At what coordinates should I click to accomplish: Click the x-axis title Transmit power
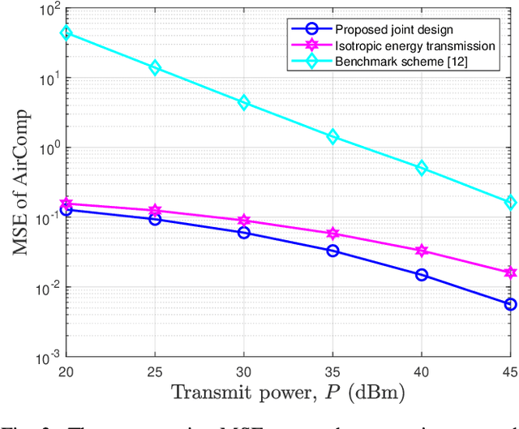(289, 393)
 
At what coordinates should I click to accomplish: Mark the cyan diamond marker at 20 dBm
(66, 33)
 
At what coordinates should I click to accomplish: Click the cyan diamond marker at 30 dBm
(244, 103)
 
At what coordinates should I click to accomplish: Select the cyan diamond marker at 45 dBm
(510, 203)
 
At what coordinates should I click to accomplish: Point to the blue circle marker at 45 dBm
(510, 304)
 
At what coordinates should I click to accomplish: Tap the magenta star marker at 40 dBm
(422, 251)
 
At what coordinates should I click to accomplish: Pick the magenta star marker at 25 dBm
(156, 210)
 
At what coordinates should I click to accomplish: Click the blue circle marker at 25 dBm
(156, 219)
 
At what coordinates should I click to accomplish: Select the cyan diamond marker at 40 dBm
(422, 168)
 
